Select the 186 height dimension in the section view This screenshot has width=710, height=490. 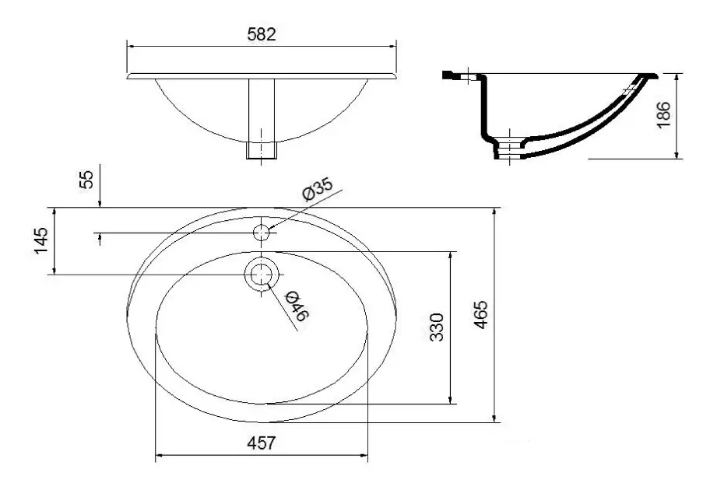click(664, 115)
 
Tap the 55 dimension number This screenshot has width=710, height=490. click(87, 179)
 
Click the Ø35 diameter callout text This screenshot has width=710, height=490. click(317, 191)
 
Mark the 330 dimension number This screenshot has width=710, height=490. click(437, 327)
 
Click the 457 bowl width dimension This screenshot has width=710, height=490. click(262, 443)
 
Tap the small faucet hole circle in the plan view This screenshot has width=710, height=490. click(262, 232)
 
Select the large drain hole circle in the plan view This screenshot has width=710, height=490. click(262, 275)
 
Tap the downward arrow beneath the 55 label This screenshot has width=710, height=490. click(100, 204)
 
